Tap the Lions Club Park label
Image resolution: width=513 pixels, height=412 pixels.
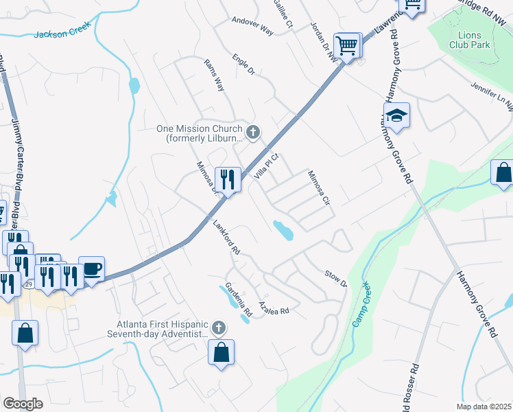coord(470,39)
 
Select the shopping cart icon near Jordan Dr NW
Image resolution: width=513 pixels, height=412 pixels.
coord(348,46)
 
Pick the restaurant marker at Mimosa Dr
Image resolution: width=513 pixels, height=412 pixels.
coord(228,179)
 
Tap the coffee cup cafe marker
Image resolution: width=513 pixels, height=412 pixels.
coord(91,268)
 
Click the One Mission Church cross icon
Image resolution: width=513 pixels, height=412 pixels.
coord(253,132)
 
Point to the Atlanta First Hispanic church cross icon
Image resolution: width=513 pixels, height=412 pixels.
coord(219,328)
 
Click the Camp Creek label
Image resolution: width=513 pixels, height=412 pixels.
coord(359,304)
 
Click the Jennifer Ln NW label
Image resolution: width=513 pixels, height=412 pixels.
coord(491,95)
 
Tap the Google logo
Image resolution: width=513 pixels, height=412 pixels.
coord(23,404)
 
